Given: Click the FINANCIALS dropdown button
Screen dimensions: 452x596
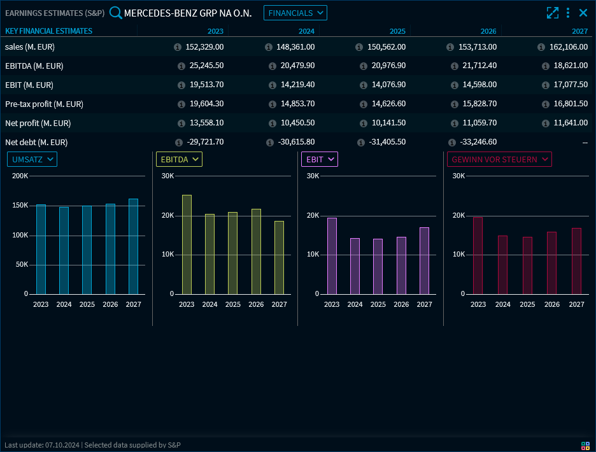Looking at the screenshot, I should click(x=295, y=13).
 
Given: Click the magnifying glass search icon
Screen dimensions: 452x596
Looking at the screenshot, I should click(x=116, y=13).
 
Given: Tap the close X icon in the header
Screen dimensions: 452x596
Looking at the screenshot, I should click(x=583, y=13).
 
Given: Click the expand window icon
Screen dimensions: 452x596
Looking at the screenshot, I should click(x=552, y=13).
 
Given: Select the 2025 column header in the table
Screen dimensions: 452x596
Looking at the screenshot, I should click(x=397, y=31).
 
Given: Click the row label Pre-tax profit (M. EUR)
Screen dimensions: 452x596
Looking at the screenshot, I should click(x=44, y=104).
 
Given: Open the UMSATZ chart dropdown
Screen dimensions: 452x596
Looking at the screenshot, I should click(x=32, y=159).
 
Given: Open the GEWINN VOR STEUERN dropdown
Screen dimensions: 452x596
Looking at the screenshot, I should click(x=499, y=159).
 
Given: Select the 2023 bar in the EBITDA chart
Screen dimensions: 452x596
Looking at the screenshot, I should click(x=187, y=244).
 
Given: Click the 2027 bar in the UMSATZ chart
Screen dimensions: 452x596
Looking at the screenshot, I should click(x=133, y=246).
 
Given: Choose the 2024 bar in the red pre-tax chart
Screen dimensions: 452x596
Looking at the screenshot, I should click(x=503, y=265).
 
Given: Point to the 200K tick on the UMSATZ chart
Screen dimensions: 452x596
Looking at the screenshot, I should click(x=20, y=176).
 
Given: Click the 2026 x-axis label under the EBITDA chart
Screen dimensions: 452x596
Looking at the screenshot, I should click(x=256, y=304).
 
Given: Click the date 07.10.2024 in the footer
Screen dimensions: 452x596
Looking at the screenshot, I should click(x=62, y=445).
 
